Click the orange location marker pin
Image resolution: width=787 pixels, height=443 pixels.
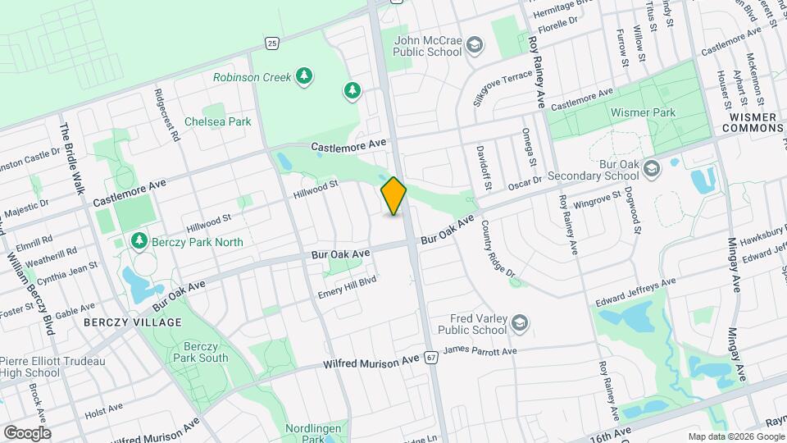pos(394,196)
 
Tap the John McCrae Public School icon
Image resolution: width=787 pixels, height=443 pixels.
pos(474,48)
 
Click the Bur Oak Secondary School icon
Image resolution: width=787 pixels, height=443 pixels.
pos(652,169)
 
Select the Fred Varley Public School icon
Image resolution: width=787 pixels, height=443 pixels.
pos(518,325)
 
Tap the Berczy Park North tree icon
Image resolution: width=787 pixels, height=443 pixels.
pos(139,241)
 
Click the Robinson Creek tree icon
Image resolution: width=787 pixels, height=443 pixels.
pos(304,77)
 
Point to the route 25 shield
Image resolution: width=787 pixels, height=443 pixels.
pos(271,41)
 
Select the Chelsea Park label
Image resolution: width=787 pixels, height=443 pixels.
pos(217,121)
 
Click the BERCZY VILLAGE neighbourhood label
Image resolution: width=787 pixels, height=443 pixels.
pos(132,322)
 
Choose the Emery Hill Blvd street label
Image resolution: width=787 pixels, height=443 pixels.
pos(347,287)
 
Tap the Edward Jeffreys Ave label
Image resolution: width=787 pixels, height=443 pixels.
pos(635,290)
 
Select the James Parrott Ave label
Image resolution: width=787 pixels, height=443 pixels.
pos(480,352)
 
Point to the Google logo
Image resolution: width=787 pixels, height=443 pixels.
pos(27,432)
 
